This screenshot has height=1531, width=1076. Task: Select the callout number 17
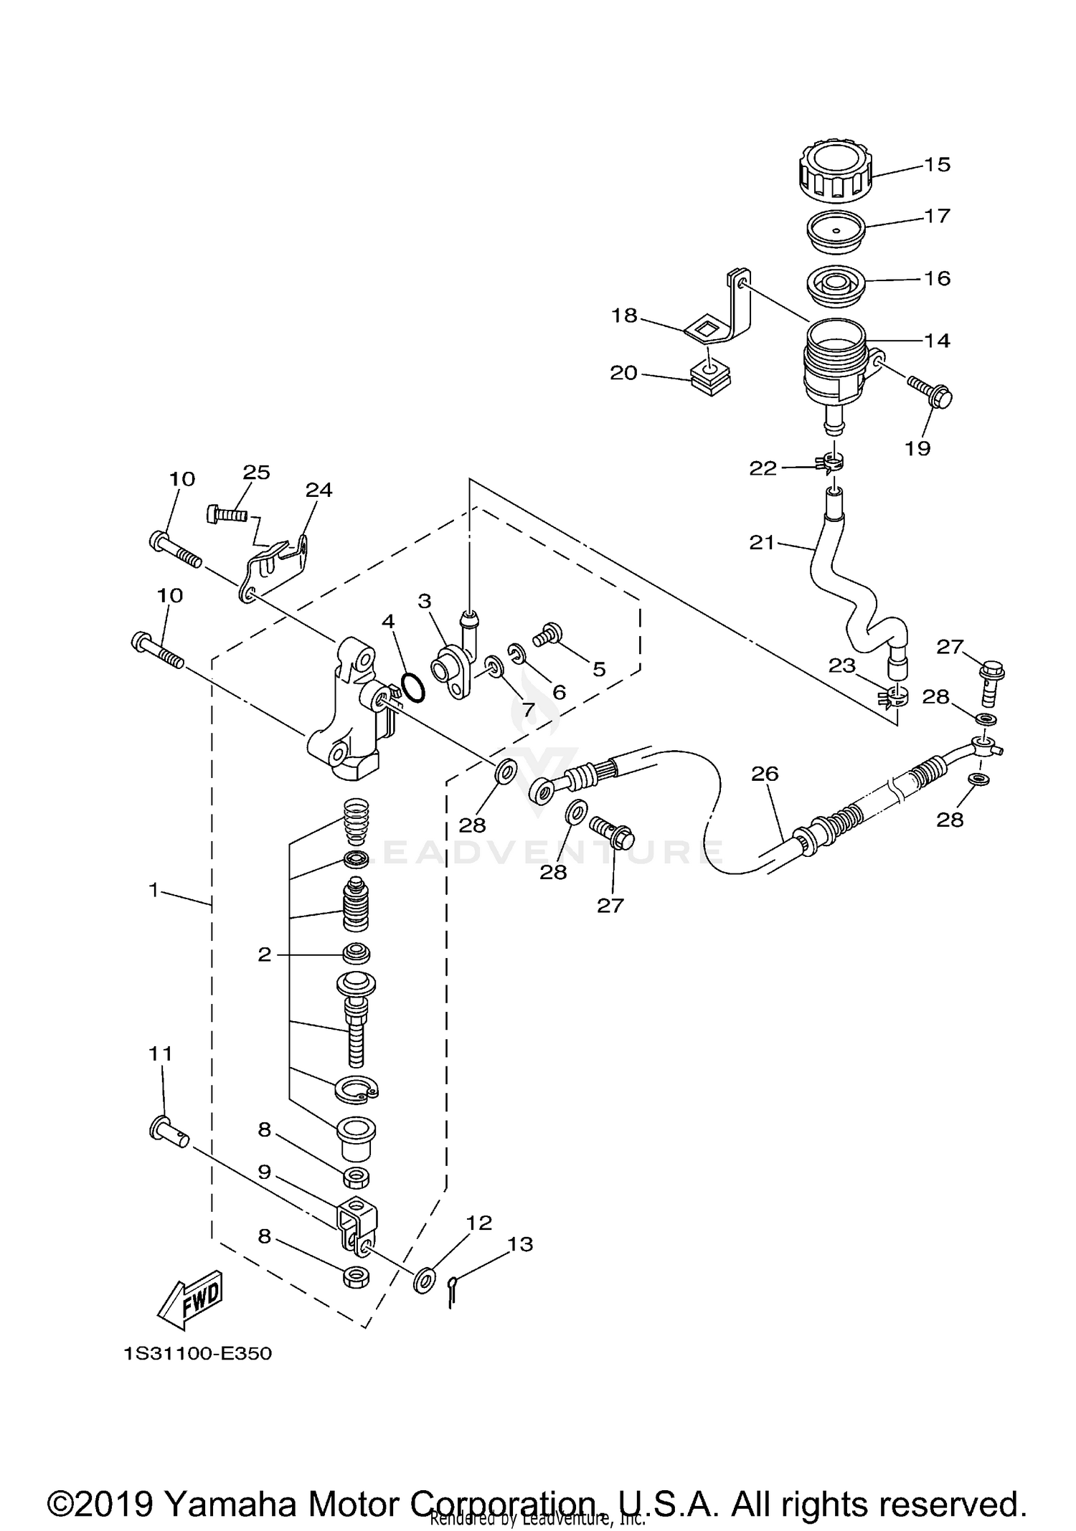[937, 216]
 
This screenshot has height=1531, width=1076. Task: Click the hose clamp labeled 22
[830, 463]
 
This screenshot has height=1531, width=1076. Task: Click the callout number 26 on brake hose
[765, 773]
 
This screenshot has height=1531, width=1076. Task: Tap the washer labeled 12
[425, 1280]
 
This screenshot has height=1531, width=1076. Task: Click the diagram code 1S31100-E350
[198, 1354]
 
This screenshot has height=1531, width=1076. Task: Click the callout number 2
[265, 954]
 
